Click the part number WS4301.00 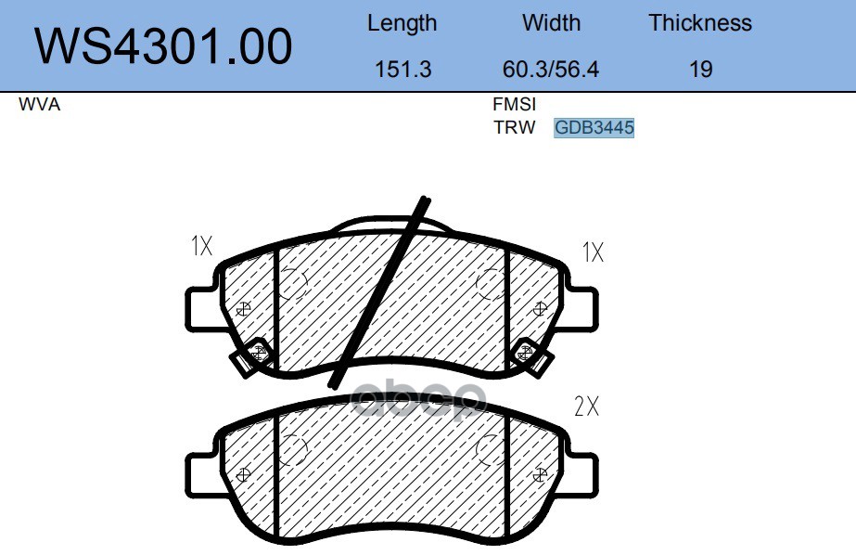163,46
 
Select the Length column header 402,23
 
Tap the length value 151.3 402,70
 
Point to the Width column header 551,23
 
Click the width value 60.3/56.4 550,70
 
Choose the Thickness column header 700,23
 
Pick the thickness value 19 700,70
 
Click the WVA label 39,104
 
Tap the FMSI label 515,104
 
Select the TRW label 515,127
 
